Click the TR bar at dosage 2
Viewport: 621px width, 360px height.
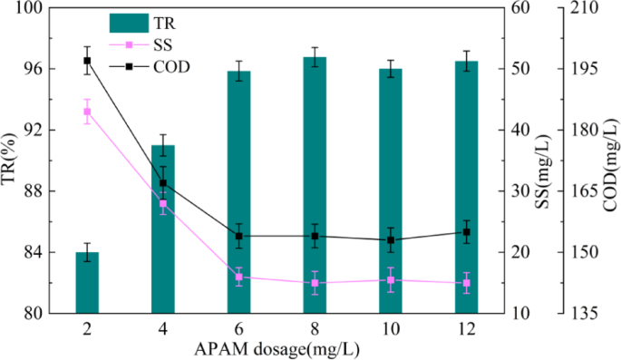pos(87,283)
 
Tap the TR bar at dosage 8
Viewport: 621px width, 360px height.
pos(315,186)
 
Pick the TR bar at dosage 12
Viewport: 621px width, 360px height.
pos(466,188)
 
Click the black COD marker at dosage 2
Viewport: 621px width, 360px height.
pos(87,61)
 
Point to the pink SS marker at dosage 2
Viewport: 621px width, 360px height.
pos(87,112)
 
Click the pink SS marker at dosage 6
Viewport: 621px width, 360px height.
pos(239,277)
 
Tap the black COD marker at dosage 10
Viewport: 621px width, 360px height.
pos(391,240)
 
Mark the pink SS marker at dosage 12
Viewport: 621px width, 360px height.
pos(466,283)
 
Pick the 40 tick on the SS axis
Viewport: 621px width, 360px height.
pos(517,130)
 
